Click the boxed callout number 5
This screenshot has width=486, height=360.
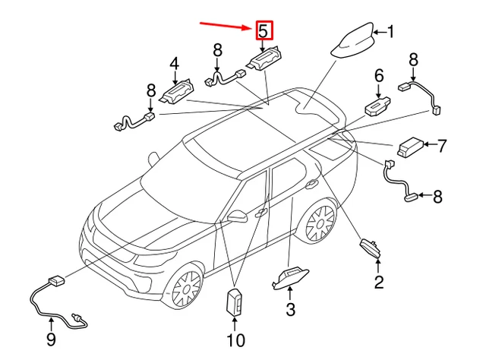[x=263, y=31]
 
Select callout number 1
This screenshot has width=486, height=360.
[x=390, y=32]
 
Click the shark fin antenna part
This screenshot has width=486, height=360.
[x=355, y=43]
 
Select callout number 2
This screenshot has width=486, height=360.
[x=378, y=283]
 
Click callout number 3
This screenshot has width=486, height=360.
[x=289, y=309]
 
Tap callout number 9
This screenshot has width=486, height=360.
[x=51, y=339]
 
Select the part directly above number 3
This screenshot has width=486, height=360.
[x=289, y=277]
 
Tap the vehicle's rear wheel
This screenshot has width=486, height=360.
[x=320, y=223]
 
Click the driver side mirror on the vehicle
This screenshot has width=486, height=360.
[x=237, y=217]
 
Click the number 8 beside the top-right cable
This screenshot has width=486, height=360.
[x=414, y=59]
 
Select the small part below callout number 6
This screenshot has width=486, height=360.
[x=377, y=104]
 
